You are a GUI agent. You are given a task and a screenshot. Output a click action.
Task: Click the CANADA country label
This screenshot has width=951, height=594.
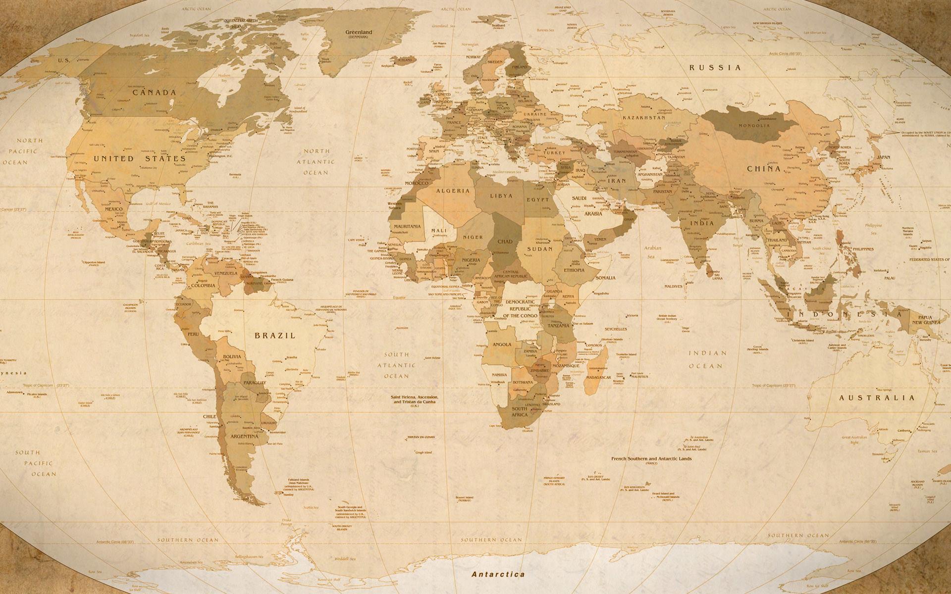pyautogui.click(x=154, y=93)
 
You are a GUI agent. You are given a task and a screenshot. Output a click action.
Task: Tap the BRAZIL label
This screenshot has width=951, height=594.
pyautogui.click(x=275, y=335)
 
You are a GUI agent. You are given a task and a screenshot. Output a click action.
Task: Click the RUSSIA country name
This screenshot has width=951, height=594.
pyautogui.click(x=716, y=67)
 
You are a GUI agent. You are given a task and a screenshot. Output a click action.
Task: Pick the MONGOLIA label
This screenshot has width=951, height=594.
pyautogui.click(x=754, y=126)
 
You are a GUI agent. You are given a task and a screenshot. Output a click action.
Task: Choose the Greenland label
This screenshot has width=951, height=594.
pyautogui.click(x=358, y=32)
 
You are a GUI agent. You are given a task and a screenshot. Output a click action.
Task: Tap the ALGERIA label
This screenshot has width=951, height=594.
pyautogui.click(x=453, y=191)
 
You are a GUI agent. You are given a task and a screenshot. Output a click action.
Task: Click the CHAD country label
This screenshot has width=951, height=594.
pyautogui.click(x=505, y=242)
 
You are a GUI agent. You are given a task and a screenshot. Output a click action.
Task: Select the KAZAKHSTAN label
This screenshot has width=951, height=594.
pyautogui.click(x=644, y=118)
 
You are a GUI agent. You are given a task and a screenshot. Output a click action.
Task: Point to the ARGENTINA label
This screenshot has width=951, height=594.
pyautogui.click(x=245, y=437)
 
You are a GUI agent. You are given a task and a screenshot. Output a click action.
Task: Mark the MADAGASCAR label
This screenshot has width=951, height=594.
pyautogui.click(x=598, y=377)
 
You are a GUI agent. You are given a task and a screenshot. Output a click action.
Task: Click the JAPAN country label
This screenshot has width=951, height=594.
pyautogui.click(x=884, y=157)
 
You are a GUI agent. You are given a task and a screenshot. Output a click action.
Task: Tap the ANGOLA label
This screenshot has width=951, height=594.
pyautogui.click(x=502, y=345)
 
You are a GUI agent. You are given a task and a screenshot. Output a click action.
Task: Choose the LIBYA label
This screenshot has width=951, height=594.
pyautogui.click(x=501, y=196)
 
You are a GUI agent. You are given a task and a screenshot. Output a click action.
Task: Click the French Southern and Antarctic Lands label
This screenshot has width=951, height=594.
pyautogui.click(x=651, y=459)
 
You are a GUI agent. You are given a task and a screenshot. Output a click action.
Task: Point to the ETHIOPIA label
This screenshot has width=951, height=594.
pyautogui.click(x=574, y=270)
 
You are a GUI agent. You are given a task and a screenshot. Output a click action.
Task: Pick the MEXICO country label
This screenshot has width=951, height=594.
pyautogui.click(x=114, y=209)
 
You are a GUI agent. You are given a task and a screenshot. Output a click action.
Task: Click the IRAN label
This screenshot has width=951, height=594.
pyautogui.click(x=617, y=181)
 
